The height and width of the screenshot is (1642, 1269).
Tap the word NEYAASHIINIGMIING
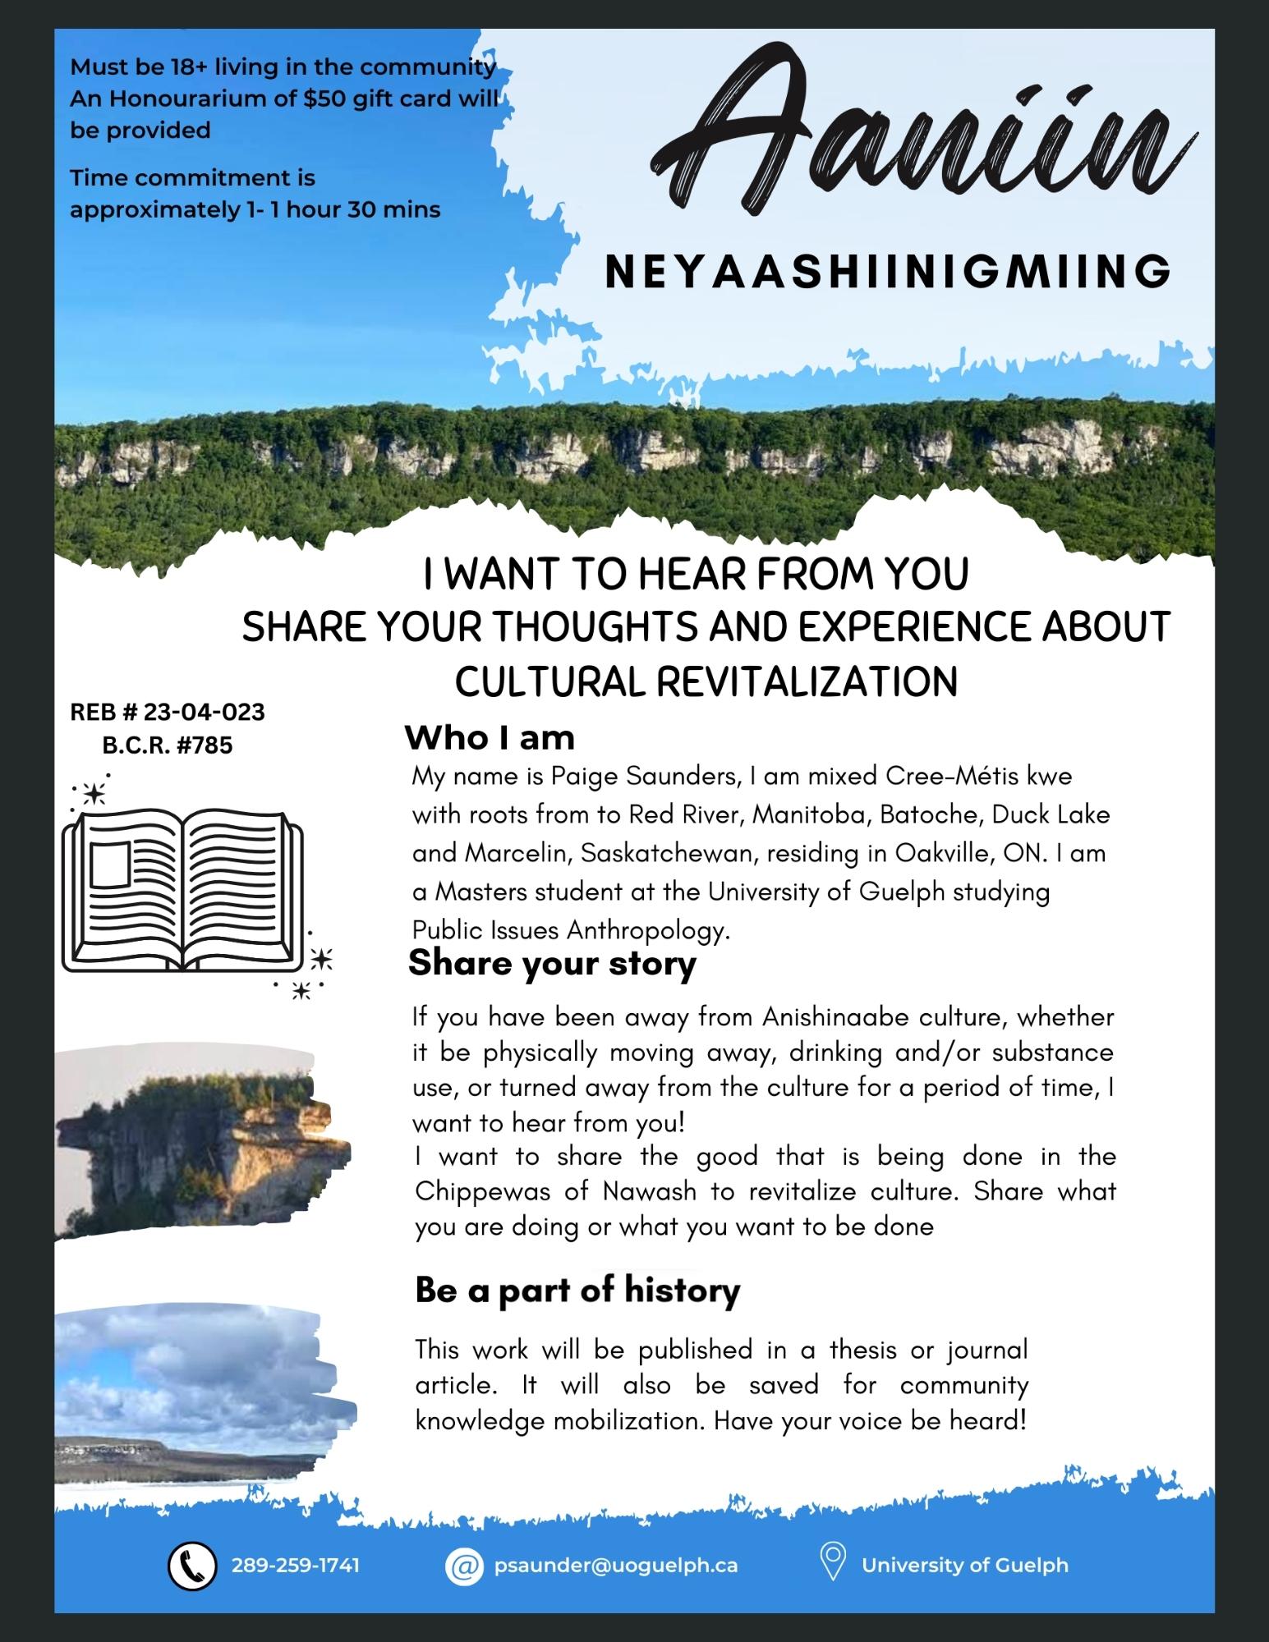(888, 271)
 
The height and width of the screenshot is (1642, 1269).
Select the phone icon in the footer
(192, 1565)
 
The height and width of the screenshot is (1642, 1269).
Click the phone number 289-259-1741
(296, 1565)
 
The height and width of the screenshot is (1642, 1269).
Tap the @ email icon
(464, 1565)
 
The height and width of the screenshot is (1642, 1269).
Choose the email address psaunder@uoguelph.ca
(616, 1565)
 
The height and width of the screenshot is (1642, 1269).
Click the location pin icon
(834, 1563)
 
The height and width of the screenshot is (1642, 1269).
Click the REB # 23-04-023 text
(168, 712)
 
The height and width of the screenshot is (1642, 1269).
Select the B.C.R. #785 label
(168, 745)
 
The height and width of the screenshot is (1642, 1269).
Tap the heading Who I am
(490, 738)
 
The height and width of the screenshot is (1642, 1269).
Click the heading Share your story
(552, 962)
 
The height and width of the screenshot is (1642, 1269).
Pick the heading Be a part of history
(577, 1290)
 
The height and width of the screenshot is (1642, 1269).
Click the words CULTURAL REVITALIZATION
(706, 681)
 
